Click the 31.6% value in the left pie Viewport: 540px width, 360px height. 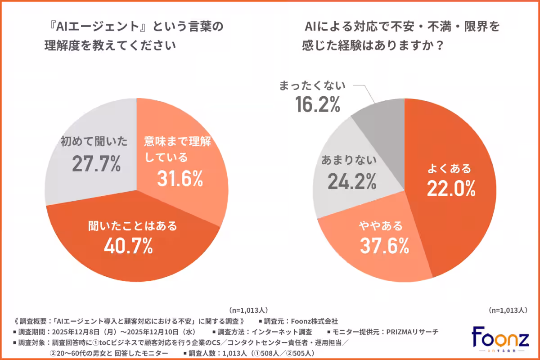[180, 179]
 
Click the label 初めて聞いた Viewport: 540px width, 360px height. [94, 142]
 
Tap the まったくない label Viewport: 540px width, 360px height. [312, 85]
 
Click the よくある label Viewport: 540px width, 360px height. [450, 169]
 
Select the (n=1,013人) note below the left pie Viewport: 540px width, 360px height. [248, 310]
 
